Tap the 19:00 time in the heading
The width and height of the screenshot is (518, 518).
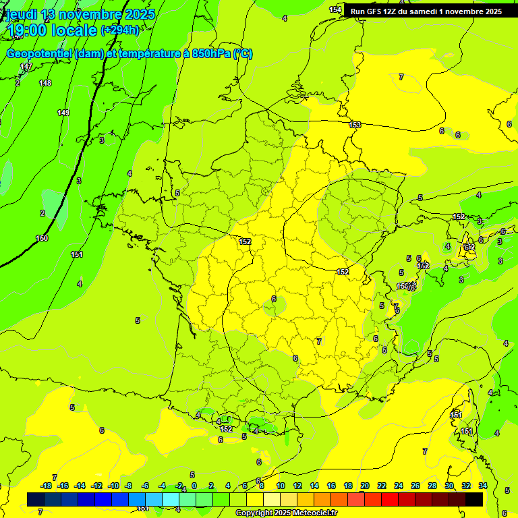point(26,30)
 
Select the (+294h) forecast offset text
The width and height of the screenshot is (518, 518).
point(120,30)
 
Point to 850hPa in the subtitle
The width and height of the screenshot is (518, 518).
point(208,54)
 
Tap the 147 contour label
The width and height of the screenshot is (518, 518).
point(26,66)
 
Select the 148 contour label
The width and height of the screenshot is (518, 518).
point(45,83)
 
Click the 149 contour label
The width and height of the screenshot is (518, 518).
point(63,113)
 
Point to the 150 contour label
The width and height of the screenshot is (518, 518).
point(42,238)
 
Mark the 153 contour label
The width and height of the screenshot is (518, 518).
point(355,125)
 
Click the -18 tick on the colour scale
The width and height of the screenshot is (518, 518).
point(46,486)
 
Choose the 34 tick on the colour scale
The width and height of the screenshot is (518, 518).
point(483,486)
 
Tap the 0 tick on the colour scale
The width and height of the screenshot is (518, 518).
point(194,486)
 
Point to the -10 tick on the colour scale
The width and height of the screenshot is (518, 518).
point(113,486)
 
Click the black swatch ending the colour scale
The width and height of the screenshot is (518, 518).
point(474,499)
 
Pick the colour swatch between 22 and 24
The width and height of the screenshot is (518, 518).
point(390,499)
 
